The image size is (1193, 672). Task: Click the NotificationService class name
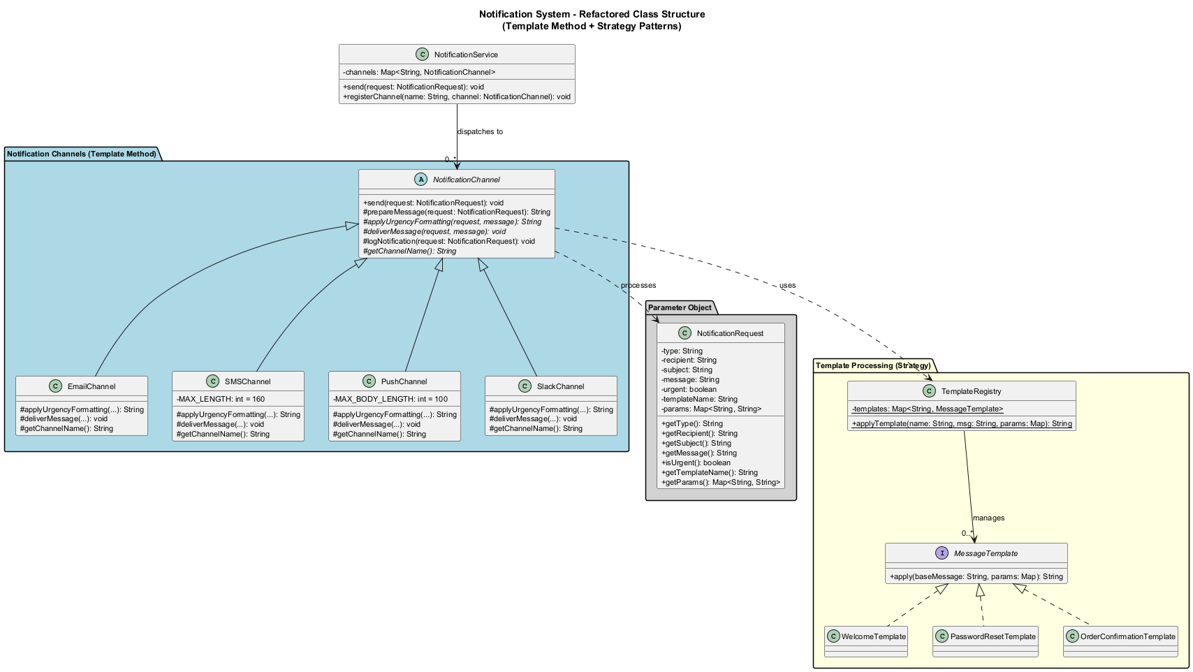point(466,54)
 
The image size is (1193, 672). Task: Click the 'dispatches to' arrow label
point(480,131)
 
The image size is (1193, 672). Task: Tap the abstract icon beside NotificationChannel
point(420,180)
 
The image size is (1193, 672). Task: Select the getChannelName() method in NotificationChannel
point(409,251)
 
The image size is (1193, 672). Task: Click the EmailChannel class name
point(92,386)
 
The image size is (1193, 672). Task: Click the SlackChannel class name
point(560,386)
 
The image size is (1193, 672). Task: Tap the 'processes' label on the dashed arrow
point(638,285)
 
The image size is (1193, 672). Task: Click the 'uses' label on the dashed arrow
point(788,285)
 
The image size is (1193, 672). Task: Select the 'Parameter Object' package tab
point(680,307)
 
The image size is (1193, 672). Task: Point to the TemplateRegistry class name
point(971,391)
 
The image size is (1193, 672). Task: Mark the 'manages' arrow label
point(989,518)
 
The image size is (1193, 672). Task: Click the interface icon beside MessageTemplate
point(942,553)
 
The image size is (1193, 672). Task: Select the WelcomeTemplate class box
point(866,641)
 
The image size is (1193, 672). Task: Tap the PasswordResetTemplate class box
point(985,641)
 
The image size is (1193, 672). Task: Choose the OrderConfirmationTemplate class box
point(1120,641)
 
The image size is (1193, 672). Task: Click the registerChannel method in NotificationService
point(457,96)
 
